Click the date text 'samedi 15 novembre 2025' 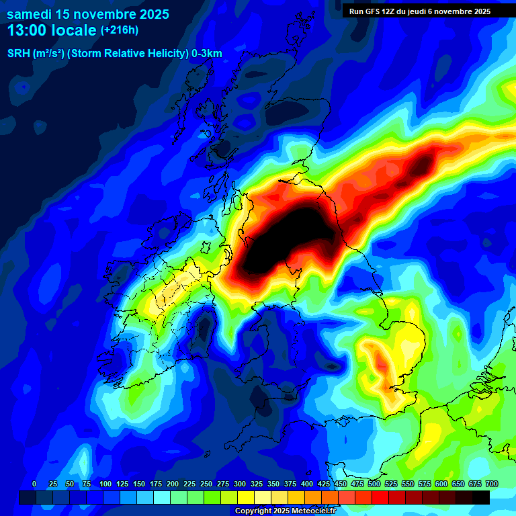click(x=88, y=14)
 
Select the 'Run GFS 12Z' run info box click(x=420, y=11)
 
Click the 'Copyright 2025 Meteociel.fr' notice click(x=285, y=511)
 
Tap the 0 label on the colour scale click(x=34, y=484)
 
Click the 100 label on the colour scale click(x=105, y=484)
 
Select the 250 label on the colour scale click(x=206, y=484)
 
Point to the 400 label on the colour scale click(x=306, y=484)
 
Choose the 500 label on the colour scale click(x=374, y=484)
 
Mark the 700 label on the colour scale click(x=491, y=484)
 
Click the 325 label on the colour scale click(x=256, y=484)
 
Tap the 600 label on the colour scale click(x=441, y=484)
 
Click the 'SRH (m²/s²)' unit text click(x=36, y=54)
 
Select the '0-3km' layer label click(x=206, y=54)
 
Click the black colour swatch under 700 click(x=481, y=497)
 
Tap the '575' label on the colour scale click(x=424, y=484)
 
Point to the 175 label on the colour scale click(x=155, y=484)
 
